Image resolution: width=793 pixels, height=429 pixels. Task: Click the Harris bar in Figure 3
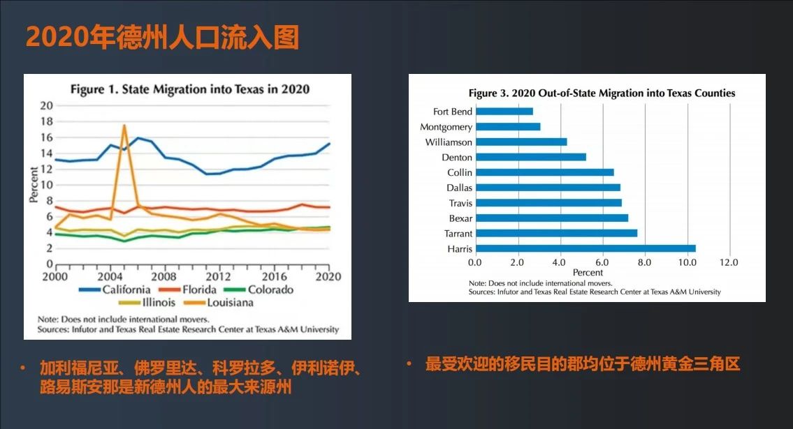point(585,248)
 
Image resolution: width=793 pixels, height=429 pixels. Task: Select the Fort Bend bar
point(504,112)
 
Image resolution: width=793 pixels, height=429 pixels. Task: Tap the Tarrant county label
point(458,234)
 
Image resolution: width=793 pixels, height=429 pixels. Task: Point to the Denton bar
point(531,157)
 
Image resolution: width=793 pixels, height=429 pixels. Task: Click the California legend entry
point(115,289)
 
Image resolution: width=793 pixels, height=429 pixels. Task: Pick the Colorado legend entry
point(259,289)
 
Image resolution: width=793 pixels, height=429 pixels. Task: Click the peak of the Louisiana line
point(124,125)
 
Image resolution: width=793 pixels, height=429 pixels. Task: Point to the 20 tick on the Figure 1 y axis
point(47,105)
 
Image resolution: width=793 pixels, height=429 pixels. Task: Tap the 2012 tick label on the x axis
point(218,276)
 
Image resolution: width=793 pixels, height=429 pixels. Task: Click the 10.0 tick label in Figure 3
point(687,262)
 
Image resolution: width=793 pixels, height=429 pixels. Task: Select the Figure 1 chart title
point(189,89)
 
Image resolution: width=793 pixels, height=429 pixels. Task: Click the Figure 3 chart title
point(602,93)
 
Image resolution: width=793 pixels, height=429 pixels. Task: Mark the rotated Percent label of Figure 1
point(34,185)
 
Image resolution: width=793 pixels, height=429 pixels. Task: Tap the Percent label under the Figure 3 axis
point(588,273)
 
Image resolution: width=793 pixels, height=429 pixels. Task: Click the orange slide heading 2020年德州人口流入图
point(162,38)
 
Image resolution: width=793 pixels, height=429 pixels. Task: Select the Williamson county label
point(449,142)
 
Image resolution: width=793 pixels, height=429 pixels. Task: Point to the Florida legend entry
point(188,289)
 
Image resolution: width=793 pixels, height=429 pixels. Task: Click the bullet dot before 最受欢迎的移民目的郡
point(409,363)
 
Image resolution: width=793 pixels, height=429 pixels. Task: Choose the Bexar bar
point(552,218)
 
